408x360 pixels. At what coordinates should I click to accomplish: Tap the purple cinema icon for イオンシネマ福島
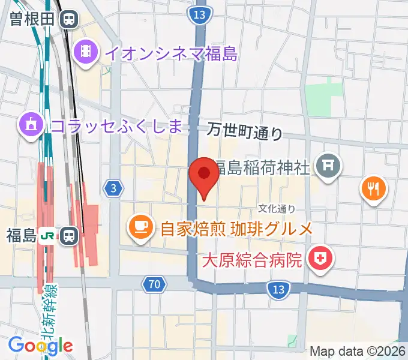click(x=86, y=52)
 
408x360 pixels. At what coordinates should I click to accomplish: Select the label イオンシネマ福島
click(x=171, y=53)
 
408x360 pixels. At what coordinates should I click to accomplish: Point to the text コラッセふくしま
click(x=116, y=125)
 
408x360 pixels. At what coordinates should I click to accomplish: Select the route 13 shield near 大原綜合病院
click(x=277, y=290)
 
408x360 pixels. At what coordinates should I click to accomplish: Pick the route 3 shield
click(x=113, y=188)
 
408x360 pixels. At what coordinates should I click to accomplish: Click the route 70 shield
click(x=154, y=284)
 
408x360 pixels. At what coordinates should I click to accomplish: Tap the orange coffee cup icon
click(x=140, y=228)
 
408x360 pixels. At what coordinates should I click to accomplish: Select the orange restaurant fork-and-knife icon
click(x=374, y=190)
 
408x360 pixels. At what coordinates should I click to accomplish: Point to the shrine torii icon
click(x=328, y=167)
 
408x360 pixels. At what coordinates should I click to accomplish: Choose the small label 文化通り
click(x=277, y=208)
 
